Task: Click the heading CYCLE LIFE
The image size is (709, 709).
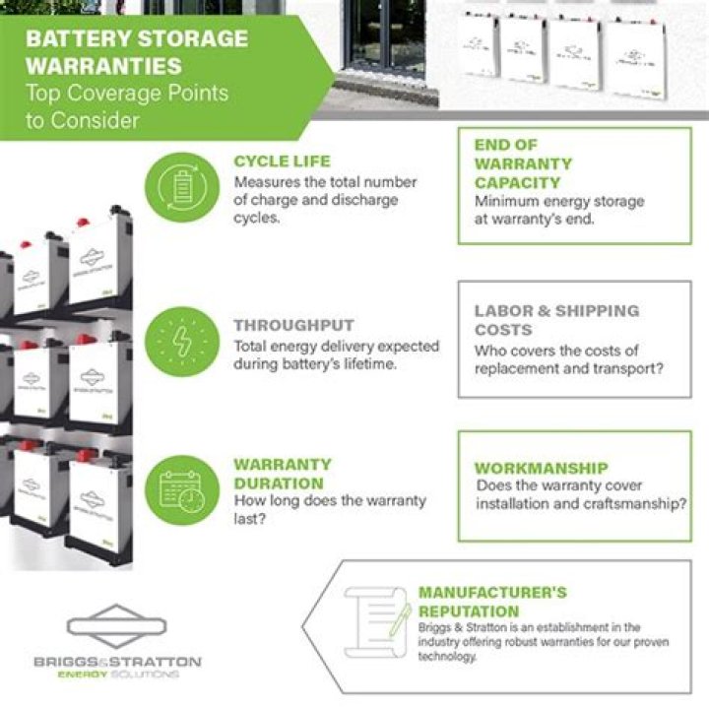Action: point(282,161)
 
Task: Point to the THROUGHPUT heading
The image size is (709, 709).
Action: point(293,325)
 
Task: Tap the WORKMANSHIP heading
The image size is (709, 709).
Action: point(541,468)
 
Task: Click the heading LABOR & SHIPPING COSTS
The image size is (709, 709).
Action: point(556,320)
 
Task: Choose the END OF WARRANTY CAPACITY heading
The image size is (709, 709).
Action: point(523,163)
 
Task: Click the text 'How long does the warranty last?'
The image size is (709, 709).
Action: point(329,509)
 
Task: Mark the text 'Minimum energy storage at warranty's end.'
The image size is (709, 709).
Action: point(559,210)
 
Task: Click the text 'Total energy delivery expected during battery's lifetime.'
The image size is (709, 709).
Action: point(336,354)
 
